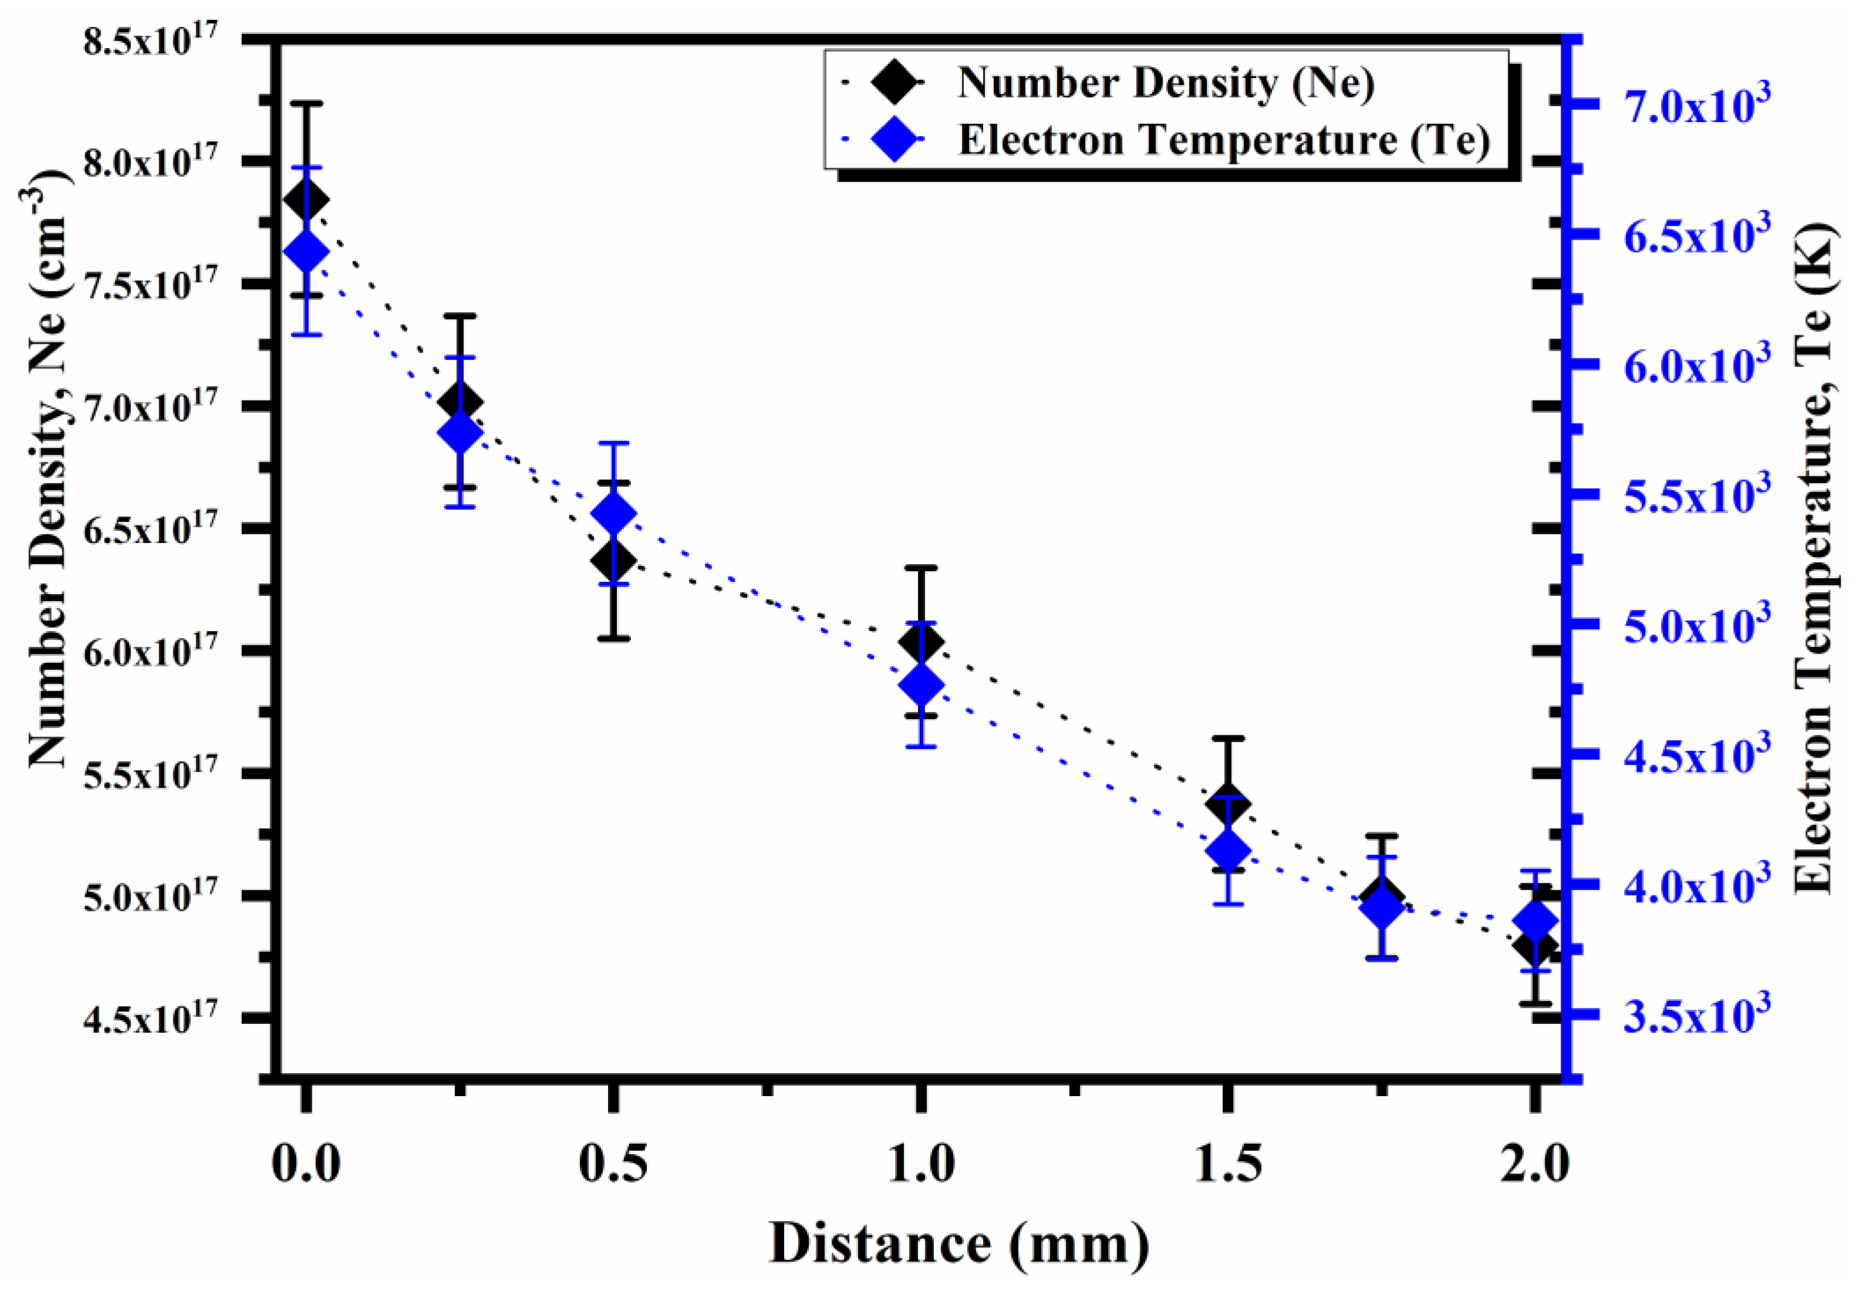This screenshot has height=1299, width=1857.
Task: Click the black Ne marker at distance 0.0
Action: point(306,199)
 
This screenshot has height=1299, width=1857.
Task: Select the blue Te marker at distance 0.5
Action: point(614,514)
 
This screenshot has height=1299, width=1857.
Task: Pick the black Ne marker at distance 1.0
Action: point(921,643)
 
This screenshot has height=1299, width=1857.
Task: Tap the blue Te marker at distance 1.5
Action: point(1228,851)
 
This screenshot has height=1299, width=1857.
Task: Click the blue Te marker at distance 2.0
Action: point(1535,921)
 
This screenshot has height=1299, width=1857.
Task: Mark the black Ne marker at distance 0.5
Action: point(614,559)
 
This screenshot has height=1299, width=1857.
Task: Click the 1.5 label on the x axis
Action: point(1228,1166)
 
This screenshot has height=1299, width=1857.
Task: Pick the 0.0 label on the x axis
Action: point(306,1166)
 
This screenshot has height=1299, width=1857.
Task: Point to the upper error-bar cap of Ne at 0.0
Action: point(306,103)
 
